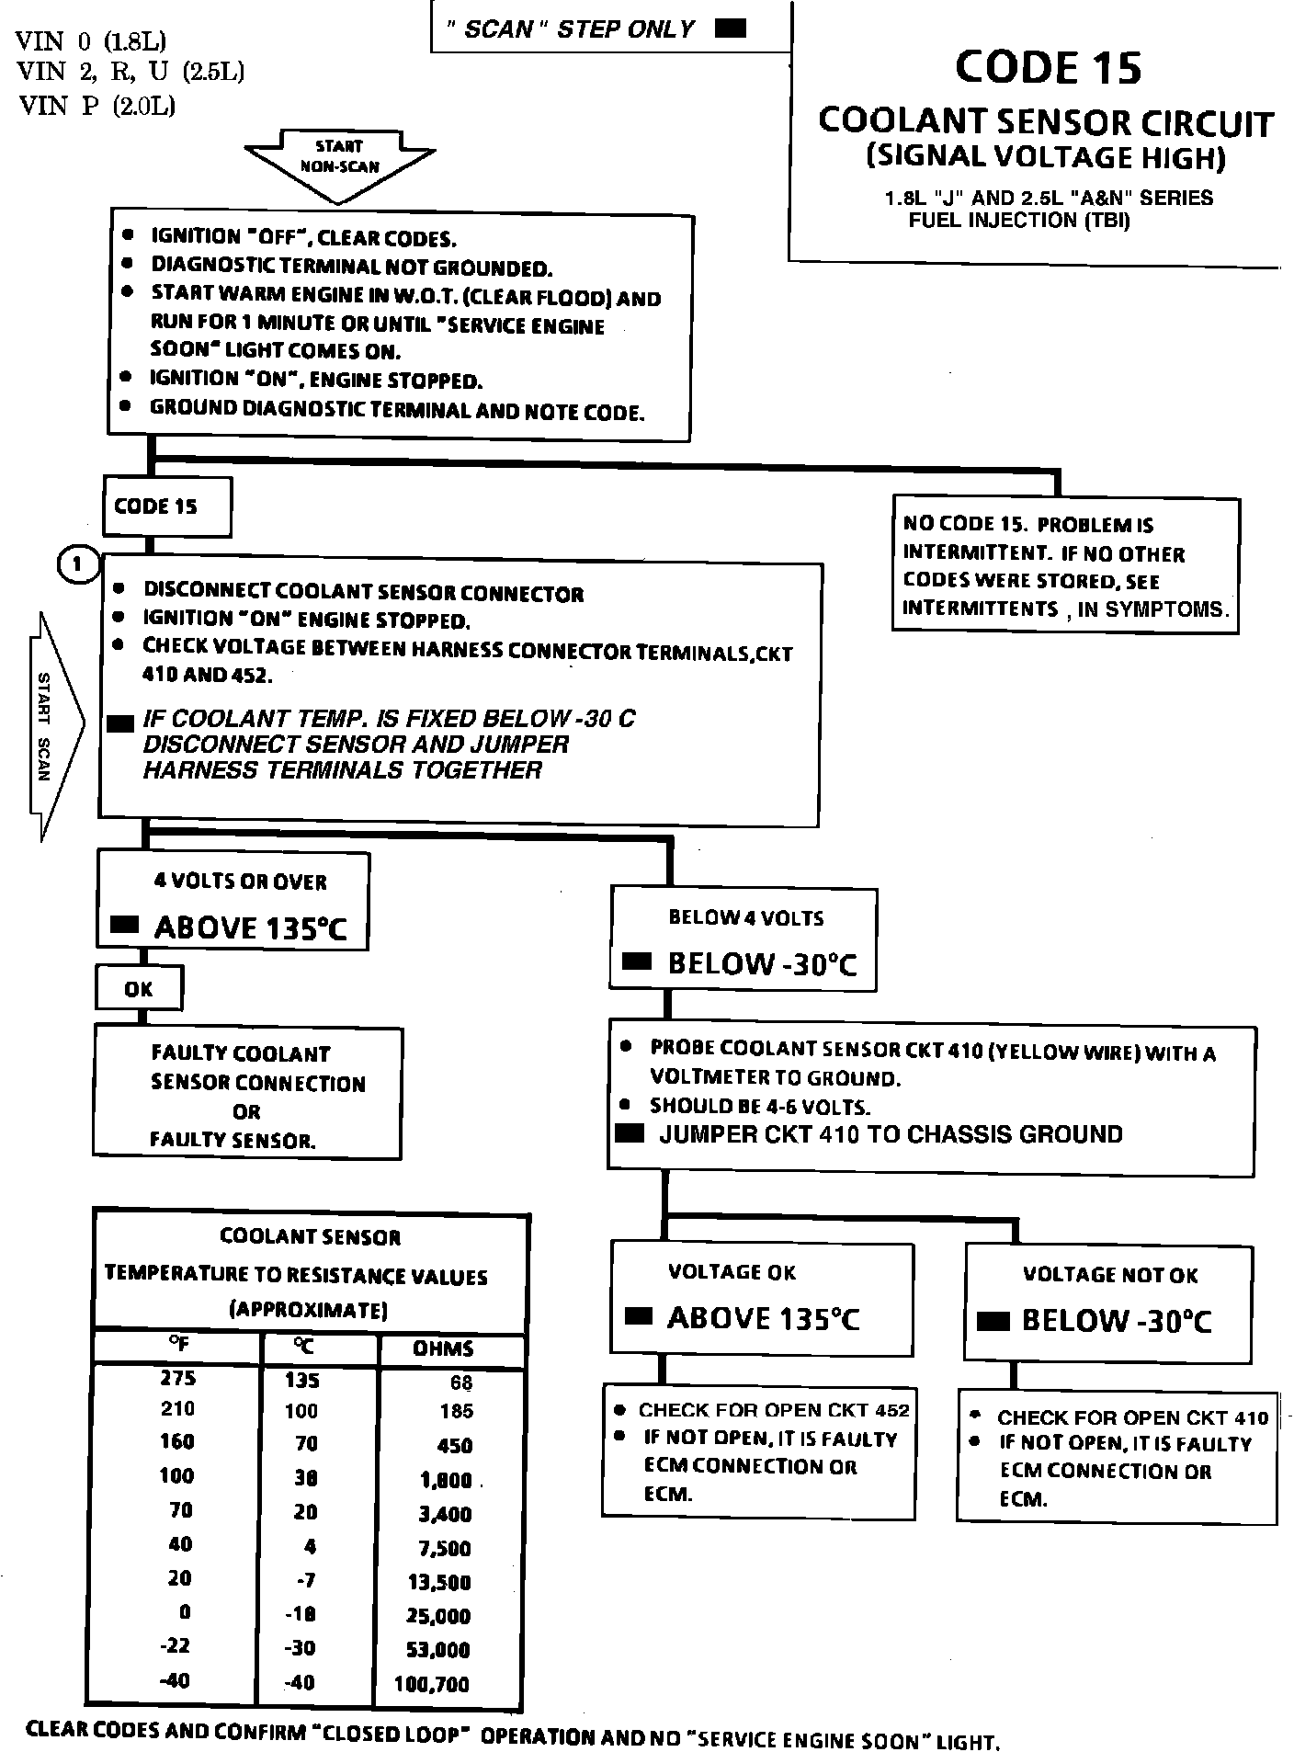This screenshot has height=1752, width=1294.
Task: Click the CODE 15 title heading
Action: point(1048,67)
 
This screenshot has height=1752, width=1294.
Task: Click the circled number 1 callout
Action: point(78,564)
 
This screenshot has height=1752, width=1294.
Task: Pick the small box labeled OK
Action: point(139,989)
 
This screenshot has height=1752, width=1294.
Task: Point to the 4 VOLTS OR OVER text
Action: point(240,882)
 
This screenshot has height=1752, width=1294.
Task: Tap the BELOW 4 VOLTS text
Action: point(745,917)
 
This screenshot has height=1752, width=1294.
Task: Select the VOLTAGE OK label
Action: point(732,1272)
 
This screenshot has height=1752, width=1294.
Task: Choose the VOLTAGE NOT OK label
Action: point(1110,1275)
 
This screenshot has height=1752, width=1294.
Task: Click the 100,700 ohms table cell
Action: point(432,1684)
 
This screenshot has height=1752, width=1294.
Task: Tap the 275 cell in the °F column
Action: point(177,1378)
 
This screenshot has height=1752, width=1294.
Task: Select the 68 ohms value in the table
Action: point(461,1382)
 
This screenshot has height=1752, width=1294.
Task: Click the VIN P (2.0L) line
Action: point(96,107)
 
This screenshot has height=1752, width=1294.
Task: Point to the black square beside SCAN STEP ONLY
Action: point(731,28)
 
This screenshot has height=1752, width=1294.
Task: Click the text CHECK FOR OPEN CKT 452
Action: point(774,1410)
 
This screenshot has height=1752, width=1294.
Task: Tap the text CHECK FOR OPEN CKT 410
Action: point(1132,1417)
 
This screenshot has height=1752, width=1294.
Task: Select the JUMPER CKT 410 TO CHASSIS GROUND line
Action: point(891,1134)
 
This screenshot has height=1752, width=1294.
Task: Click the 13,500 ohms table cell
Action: point(438,1582)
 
